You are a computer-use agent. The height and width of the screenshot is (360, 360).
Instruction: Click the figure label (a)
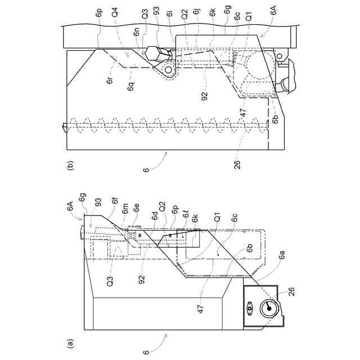click(x=70, y=342)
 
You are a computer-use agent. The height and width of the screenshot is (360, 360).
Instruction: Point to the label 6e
click(x=136, y=214)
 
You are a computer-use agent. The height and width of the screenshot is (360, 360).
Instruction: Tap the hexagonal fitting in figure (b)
click(x=157, y=55)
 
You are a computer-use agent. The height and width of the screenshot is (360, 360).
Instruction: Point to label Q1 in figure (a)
click(x=215, y=214)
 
